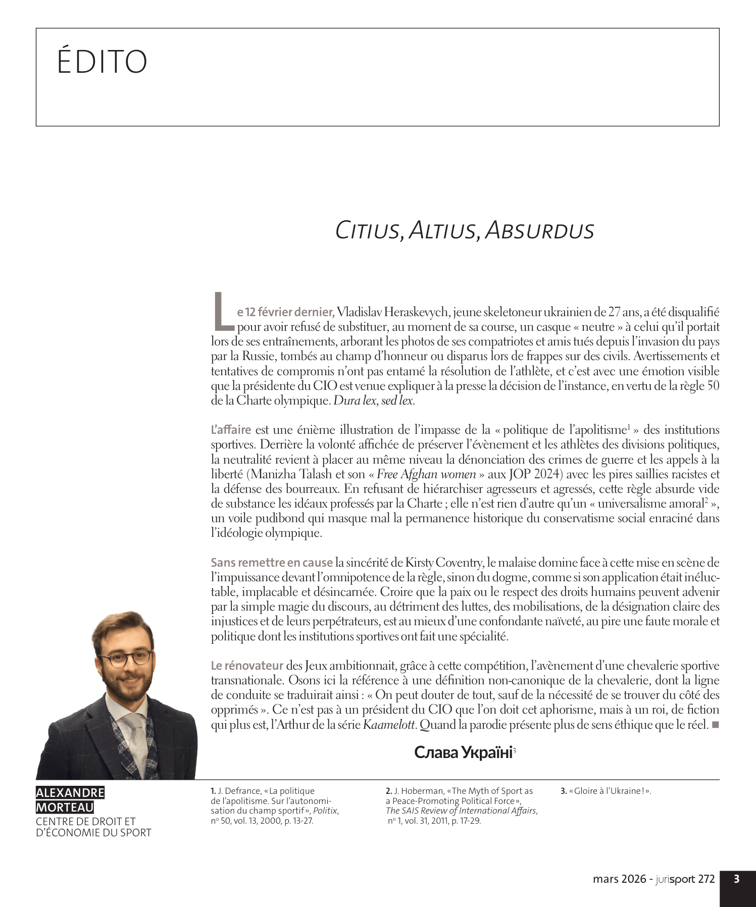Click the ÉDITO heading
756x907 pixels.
click(102, 62)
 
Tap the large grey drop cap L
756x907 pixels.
click(221, 309)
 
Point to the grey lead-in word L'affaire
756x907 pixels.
click(231, 430)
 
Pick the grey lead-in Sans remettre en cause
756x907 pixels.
click(272, 563)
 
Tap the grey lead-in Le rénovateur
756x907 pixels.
click(247, 666)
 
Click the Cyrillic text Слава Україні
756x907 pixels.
click(463, 752)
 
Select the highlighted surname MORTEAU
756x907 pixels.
click(64, 808)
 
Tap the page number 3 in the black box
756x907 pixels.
click(737, 879)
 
